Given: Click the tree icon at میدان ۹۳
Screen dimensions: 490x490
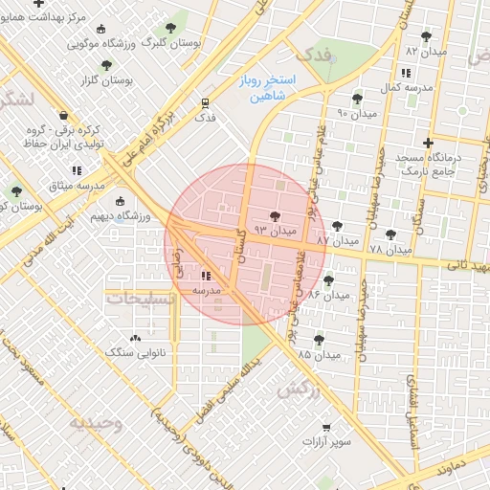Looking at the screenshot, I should tap(277, 217).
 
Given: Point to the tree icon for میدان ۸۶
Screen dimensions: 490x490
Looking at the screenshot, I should tap(328, 280).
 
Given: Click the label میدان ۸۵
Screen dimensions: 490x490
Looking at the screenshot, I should tap(320, 355).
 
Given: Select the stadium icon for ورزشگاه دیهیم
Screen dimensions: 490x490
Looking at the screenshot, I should tap(120, 202).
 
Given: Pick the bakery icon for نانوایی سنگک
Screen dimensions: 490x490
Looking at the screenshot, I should tap(134, 337).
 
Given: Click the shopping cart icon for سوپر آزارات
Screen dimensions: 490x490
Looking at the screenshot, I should tap(326, 427).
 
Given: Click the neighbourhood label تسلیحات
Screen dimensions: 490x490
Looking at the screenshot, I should tap(142, 300).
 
